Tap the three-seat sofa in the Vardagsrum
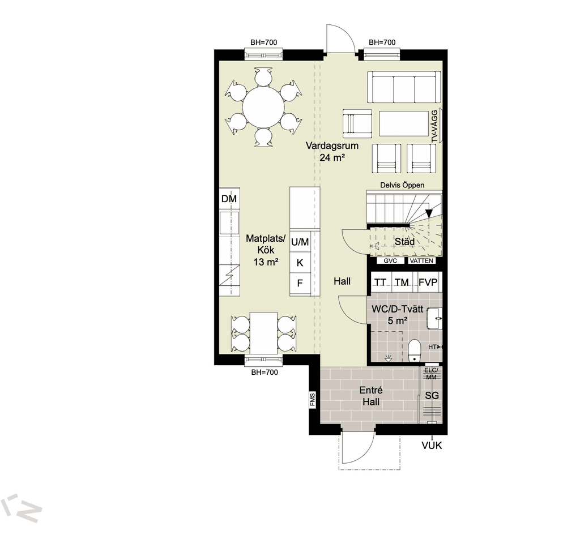[x=404, y=87]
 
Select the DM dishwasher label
[x=229, y=199]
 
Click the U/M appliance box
[x=300, y=242]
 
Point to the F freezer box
[x=300, y=283]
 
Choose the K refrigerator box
[x=300, y=263]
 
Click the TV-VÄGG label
[x=435, y=126]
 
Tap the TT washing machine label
[x=380, y=283]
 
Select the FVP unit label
[x=428, y=283]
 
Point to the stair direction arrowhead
[x=429, y=213]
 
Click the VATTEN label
[x=421, y=260]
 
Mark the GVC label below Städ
[x=390, y=260]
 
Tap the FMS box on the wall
[x=313, y=400]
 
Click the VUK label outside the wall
[x=432, y=446]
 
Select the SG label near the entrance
[x=432, y=396]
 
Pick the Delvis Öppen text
[x=402, y=185]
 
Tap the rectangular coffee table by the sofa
[x=404, y=123]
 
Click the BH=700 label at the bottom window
[x=265, y=373]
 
